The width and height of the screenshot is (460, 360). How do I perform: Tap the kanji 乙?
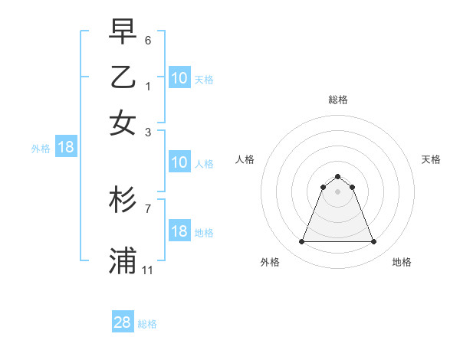123,77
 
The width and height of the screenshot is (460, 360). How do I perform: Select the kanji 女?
123,123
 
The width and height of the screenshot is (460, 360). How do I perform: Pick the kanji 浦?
123,260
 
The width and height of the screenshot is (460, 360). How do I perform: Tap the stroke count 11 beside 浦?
148,270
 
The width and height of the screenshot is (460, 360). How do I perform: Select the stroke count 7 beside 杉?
148,208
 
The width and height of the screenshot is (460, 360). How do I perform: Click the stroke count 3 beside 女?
148,132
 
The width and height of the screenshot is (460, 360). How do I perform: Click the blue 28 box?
123,322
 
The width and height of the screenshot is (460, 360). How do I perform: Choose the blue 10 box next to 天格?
179,78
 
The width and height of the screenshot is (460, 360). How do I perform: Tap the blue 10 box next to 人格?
179,162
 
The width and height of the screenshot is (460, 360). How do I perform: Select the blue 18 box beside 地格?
179,231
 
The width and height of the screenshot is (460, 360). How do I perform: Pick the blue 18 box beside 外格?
66,147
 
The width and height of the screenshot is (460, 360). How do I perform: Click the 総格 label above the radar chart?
338,100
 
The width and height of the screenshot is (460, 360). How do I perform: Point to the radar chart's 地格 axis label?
402,262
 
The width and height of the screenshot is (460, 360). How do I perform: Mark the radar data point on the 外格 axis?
301,242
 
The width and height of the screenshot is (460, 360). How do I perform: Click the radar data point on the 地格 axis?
374,242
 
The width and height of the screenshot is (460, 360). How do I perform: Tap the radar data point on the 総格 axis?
337,176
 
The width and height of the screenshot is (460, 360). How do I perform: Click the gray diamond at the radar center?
337,191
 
